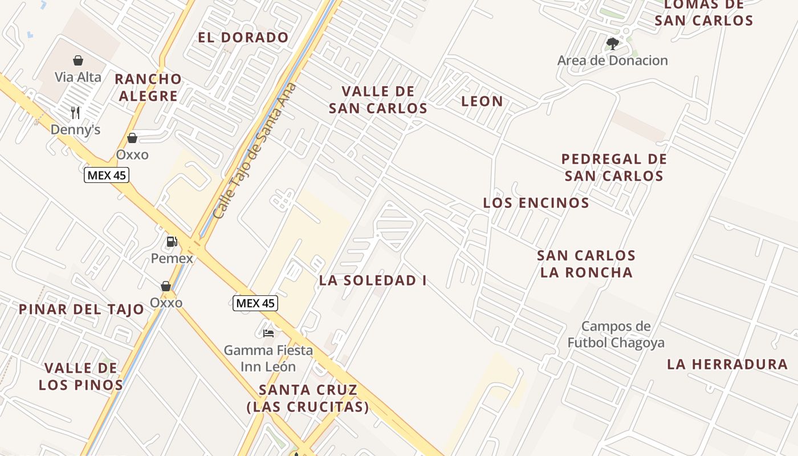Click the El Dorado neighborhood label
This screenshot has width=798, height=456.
(x=243, y=38)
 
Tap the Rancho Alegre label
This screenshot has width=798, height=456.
(x=148, y=87)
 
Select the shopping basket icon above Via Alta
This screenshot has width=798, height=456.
(x=78, y=60)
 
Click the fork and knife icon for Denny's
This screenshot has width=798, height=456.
(x=75, y=112)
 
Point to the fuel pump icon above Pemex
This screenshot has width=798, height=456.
(x=172, y=242)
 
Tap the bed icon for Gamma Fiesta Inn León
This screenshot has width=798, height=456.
(x=268, y=333)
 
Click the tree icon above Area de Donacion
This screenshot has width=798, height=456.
(x=613, y=43)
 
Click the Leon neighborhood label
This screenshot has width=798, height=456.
(x=482, y=101)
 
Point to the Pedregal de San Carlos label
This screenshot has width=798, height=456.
(x=614, y=167)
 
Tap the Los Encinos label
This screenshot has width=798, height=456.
(x=536, y=203)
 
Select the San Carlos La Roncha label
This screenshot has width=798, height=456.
(x=586, y=263)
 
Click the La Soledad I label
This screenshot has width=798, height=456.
(x=373, y=280)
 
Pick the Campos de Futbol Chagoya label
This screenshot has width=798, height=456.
(x=616, y=335)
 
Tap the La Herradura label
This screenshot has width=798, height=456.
(x=727, y=364)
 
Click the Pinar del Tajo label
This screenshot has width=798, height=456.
(x=82, y=310)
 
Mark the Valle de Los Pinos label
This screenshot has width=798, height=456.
(x=81, y=376)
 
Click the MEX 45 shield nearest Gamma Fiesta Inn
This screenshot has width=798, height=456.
(x=255, y=303)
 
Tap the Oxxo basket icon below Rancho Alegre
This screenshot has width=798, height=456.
(x=132, y=138)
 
